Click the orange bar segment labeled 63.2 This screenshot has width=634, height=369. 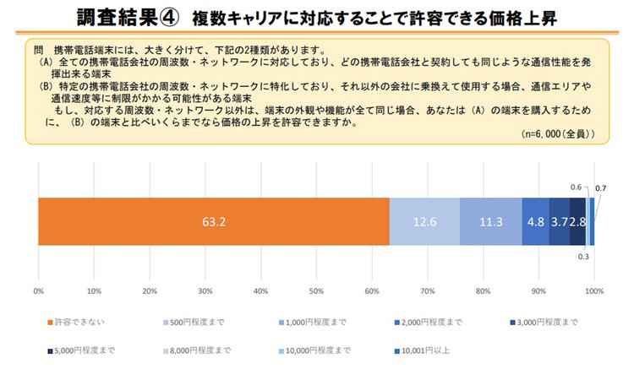(213, 222)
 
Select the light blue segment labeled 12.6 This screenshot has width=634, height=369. (424, 222)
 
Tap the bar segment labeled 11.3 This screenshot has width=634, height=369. (490, 222)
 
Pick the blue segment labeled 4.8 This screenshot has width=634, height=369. (535, 222)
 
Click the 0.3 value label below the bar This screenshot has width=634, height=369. (582, 257)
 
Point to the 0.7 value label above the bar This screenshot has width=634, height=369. (601, 187)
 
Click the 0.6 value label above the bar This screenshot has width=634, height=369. (576, 187)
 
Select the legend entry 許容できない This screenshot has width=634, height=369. (71, 323)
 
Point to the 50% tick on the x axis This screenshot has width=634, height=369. (316, 290)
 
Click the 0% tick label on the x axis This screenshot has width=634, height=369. (38, 290)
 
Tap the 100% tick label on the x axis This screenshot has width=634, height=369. (593, 290)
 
